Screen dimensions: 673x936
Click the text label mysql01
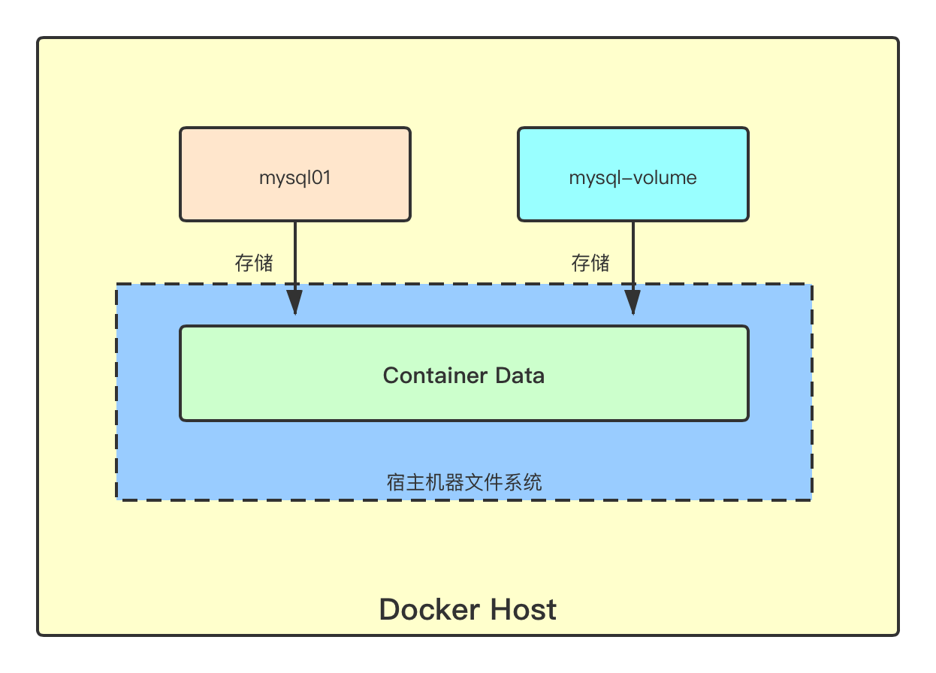295,178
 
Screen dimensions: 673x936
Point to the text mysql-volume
633,178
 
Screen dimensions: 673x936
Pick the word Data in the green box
519,376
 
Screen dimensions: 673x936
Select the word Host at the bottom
523,609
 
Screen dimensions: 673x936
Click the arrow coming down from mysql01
294,255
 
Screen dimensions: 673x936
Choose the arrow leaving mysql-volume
633,255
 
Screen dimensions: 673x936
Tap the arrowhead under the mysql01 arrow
294,302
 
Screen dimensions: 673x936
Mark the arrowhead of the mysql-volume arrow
633,302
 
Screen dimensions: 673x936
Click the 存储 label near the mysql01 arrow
254,263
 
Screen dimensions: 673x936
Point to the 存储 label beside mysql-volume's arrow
590,263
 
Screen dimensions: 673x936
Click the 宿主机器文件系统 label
464,481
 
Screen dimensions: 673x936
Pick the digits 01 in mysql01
322,178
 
